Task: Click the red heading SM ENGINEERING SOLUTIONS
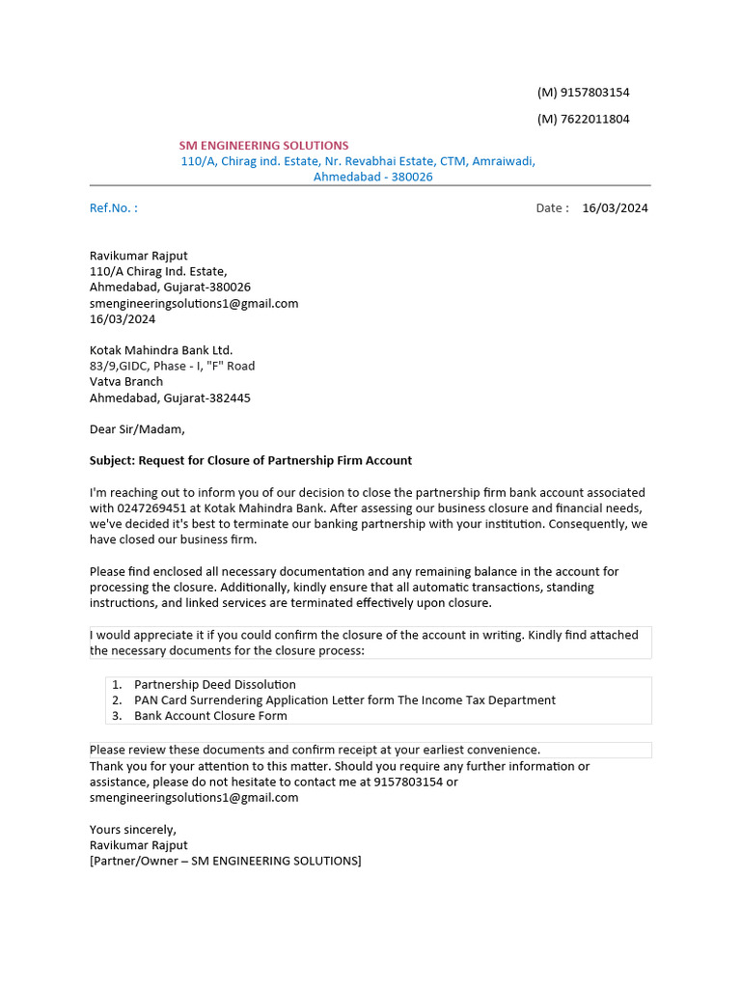263,146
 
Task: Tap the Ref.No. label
114,207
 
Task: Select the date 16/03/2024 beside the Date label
616,207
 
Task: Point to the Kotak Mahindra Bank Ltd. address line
161,350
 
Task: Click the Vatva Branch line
126,382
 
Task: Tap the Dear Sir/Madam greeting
137,429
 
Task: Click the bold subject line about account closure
251,461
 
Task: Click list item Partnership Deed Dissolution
215,685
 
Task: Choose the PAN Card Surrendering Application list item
344,700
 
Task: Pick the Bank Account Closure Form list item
210,716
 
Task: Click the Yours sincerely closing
133,830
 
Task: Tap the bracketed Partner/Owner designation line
226,861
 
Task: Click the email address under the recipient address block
194,303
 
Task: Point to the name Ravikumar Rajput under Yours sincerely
139,845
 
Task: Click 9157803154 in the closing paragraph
408,782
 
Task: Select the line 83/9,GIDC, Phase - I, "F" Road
173,367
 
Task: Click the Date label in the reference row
553,207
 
